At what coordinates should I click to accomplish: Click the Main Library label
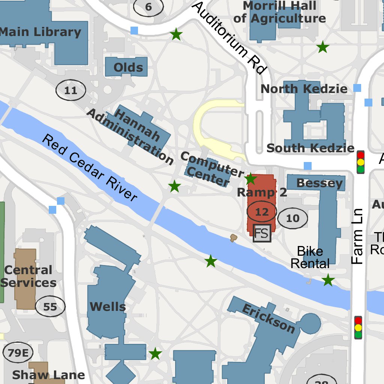[x=40, y=32]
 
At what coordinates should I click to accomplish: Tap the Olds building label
[x=128, y=67]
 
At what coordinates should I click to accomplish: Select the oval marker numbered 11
[x=71, y=90]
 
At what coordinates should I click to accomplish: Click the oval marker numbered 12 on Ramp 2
[x=262, y=212]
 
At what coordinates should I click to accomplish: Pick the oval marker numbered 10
[x=293, y=218]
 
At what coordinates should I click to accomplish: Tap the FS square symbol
[x=262, y=233]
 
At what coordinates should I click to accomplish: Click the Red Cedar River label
[x=89, y=168]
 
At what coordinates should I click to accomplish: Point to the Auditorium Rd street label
[x=229, y=37]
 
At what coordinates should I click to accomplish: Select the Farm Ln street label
[x=358, y=236]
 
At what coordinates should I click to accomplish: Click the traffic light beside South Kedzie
[x=360, y=162]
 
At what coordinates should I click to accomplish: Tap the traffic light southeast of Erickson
[x=358, y=328]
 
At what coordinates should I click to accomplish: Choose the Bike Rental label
[x=310, y=257]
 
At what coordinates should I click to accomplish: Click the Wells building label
[x=108, y=307]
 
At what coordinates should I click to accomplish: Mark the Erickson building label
[x=268, y=319]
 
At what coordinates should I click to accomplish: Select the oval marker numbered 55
[x=50, y=307]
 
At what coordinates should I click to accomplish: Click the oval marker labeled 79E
[x=18, y=353]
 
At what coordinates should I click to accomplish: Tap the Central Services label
[x=28, y=276]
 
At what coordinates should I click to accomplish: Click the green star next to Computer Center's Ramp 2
[x=250, y=179]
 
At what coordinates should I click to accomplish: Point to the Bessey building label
[x=319, y=183]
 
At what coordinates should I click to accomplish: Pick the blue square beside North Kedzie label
[x=357, y=88]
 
